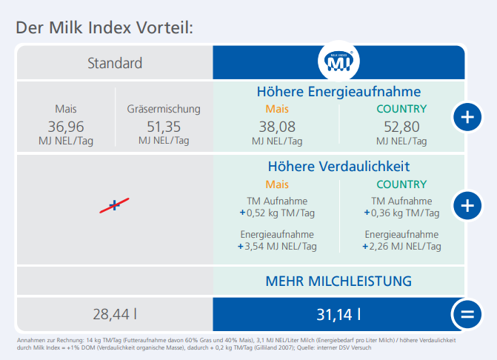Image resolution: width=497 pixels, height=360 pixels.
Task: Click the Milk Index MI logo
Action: click(338, 63)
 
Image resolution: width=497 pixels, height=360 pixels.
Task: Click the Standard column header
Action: click(115, 63)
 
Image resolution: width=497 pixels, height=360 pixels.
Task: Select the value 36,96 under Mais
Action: click(66, 126)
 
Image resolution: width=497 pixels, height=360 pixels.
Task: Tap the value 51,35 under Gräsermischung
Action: click(164, 126)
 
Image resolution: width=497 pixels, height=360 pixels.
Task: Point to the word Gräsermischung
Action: click(164, 109)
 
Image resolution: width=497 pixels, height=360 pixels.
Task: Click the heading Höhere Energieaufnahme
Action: click(338, 93)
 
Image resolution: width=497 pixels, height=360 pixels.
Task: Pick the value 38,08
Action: click(276, 126)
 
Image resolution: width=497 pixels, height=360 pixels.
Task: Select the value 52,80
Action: click(401, 126)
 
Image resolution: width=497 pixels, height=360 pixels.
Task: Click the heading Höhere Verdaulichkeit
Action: click(338, 167)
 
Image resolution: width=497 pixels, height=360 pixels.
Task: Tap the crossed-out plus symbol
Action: click(114, 205)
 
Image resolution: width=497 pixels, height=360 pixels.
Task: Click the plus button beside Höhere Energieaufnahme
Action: click(467, 117)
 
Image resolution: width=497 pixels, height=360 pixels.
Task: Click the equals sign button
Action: click(467, 314)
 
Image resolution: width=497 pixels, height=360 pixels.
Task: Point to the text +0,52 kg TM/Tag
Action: click(276, 212)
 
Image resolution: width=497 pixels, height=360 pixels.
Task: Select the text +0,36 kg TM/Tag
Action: click(401, 212)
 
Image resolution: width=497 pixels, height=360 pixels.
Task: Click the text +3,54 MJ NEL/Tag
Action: click(276, 246)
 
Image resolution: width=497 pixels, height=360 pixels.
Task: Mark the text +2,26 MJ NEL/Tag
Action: click(401, 246)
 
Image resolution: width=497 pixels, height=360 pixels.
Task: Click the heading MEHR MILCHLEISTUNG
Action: click(338, 281)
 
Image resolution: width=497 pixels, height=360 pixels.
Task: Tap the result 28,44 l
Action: click(115, 314)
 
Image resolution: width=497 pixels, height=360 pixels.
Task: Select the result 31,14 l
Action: click(338, 314)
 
